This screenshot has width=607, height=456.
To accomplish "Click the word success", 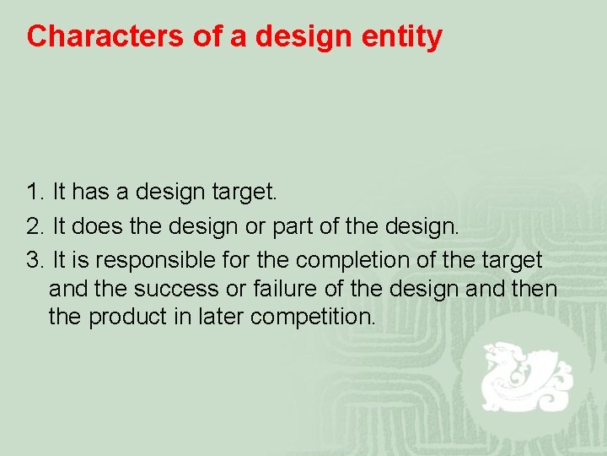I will [180, 289].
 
